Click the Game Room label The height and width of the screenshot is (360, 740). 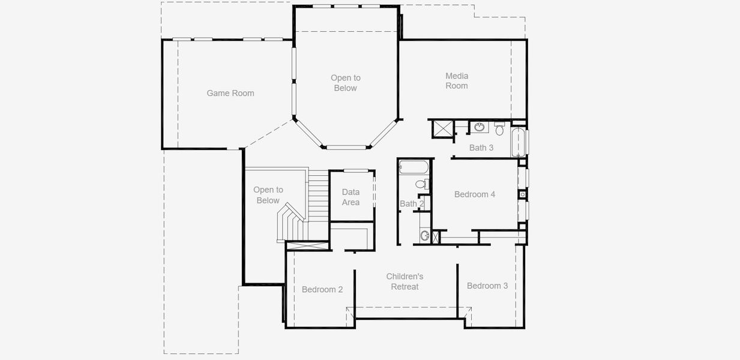click(x=230, y=93)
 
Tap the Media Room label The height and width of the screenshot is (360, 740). click(x=457, y=80)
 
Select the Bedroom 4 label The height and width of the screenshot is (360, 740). click(x=475, y=194)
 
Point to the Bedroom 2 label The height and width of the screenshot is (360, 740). click(x=322, y=289)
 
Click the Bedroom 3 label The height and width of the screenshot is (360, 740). click(x=487, y=286)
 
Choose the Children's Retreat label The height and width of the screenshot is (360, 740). click(x=405, y=281)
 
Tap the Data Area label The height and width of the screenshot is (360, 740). click(x=350, y=197)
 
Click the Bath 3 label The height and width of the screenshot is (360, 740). click(x=481, y=148)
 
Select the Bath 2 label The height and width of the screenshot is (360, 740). click(x=412, y=204)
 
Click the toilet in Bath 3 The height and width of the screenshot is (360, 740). click(x=499, y=128)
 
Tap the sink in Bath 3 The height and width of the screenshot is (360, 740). click(x=480, y=127)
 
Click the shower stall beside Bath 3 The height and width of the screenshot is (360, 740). click(x=443, y=128)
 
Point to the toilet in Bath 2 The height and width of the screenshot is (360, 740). click(x=426, y=183)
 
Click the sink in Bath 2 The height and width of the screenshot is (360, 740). click(x=425, y=235)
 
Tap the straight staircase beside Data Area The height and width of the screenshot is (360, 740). click(x=319, y=195)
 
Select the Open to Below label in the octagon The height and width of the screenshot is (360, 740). click(x=345, y=83)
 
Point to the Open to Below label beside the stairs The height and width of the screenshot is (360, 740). click(x=268, y=195)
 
